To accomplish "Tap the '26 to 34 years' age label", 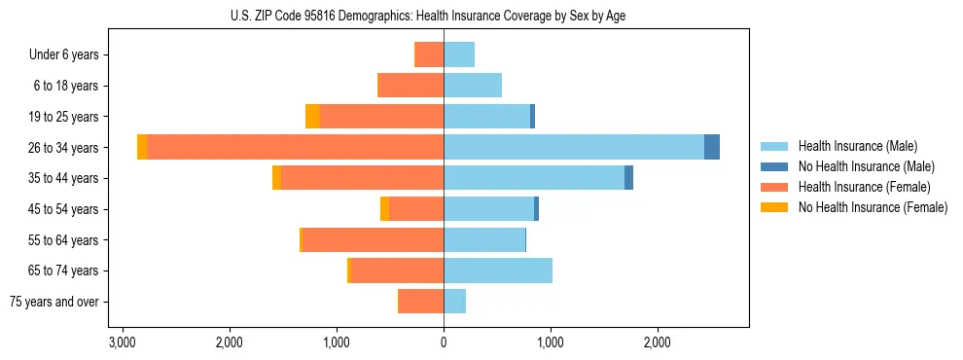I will [x=64, y=148].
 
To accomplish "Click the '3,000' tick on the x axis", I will [x=123, y=343].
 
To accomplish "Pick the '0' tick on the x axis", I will [x=444, y=343].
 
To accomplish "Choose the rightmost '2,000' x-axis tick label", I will [x=658, y=343].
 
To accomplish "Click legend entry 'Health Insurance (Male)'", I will [x=857, y=146].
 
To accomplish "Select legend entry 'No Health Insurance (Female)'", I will [x=873, y=207].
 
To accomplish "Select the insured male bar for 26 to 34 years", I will [x=574, y=148].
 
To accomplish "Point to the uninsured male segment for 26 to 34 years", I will [x=712, y=148].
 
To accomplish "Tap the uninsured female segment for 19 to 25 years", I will [x=312, y=117].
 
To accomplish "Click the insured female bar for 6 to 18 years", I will [x=410, y=86].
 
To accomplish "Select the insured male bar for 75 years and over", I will [x=454, y=302].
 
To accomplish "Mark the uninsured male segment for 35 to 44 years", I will [x=628, y=178].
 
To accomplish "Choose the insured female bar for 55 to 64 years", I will [x=374, y=240].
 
